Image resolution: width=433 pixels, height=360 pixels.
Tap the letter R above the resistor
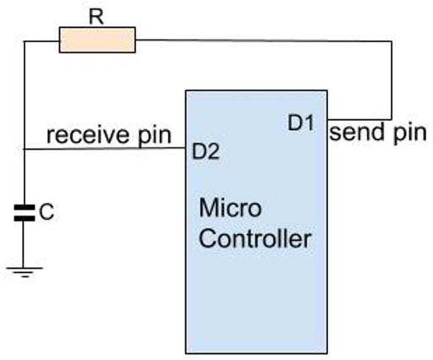96,15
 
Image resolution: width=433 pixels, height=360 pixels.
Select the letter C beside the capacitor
48,214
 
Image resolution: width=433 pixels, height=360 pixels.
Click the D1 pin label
301,123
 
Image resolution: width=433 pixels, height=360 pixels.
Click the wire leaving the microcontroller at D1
359,118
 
